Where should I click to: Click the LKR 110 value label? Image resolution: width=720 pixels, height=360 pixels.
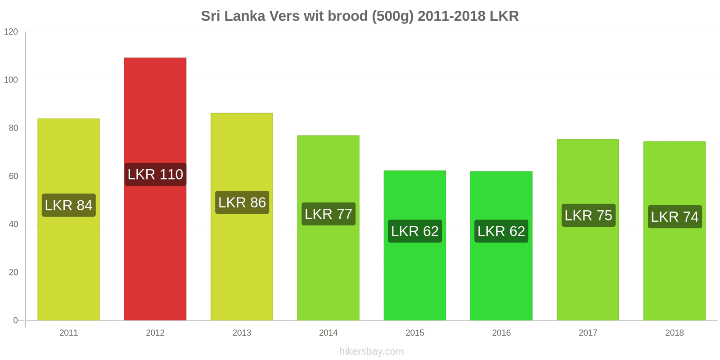tap(155, 174)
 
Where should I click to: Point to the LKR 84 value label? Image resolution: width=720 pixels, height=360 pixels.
tap(69, 205)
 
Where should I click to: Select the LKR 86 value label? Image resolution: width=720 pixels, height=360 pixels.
tap(242, 202)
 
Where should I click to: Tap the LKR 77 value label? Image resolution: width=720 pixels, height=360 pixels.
tap(328, 214)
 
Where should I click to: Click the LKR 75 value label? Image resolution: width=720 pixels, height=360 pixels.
tap(588, 215)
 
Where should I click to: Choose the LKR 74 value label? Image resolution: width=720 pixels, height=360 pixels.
tap(675, 216)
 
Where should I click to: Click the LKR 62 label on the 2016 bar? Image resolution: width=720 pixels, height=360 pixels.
tap(501, 231)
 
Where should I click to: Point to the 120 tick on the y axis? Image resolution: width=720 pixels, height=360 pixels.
tap(11, 31)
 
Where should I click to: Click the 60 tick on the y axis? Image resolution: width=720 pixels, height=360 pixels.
tap(13, 176)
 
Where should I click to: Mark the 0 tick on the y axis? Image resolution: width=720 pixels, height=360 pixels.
tap(15, 320)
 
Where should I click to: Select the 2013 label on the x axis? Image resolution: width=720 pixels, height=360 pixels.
tap(242, 333)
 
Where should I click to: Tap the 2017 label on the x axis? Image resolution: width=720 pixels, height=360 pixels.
tap(588, 333)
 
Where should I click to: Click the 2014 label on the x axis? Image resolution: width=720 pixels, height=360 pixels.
tap(328, 333)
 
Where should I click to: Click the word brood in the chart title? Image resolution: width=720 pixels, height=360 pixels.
tap(348, 16)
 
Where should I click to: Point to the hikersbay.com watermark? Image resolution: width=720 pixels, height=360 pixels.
tap(371, 351)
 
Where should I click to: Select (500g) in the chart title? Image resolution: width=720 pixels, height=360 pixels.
tap(393, 16)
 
